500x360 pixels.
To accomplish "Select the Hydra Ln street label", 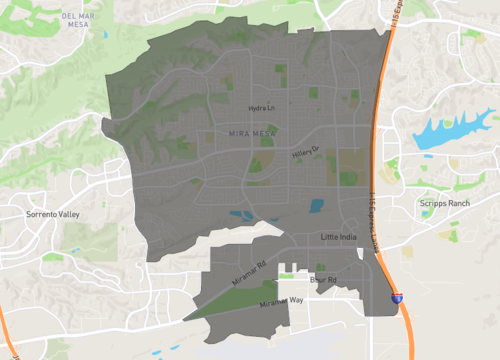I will coord(261,107).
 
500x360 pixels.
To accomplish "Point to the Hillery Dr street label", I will coord(305,152).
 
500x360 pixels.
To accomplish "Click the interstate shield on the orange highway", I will coord(397,298).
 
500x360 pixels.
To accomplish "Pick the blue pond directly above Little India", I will coord(317,206).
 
